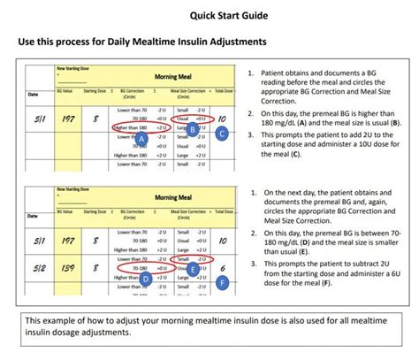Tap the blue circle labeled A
(141, 140)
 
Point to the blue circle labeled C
(223, 134)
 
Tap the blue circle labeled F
(223, 284)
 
